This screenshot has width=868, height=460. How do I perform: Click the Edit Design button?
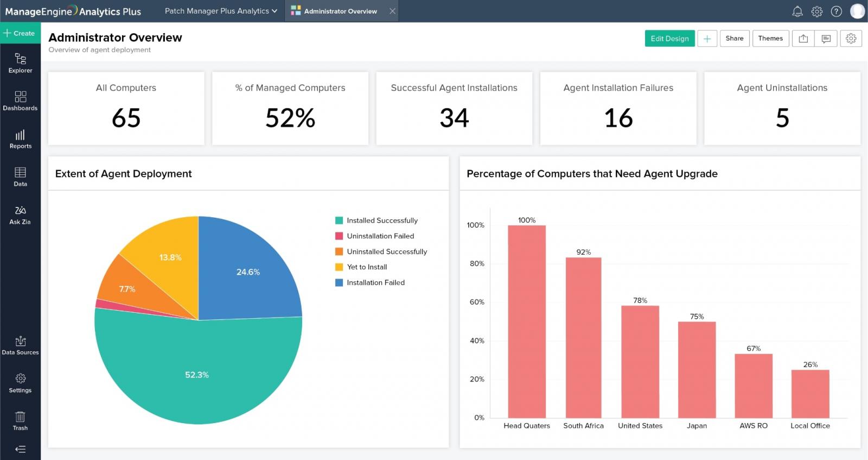pos(669,39)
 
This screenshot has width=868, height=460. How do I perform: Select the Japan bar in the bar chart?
pos(697,369)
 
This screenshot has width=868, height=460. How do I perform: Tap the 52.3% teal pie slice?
pos(197,375)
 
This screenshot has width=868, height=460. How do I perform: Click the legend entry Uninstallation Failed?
pos(380,236)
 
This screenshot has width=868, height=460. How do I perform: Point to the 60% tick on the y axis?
pos(477,302)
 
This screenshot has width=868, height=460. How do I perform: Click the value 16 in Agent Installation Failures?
pos(618,118)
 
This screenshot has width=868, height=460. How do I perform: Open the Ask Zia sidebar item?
pos(20,215)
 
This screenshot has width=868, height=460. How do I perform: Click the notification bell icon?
pos(797,11)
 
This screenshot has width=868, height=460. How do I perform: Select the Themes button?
pos(770,39)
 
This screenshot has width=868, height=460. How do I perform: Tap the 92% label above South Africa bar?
pos(583,252)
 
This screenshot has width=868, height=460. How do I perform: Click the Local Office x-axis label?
pos(810,426)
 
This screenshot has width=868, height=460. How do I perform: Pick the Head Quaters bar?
pos(526,320)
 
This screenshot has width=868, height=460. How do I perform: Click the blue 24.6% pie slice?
pos(248,272)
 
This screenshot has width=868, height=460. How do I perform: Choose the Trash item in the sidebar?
pos(20,421)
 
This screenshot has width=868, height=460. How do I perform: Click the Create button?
pos(20,33)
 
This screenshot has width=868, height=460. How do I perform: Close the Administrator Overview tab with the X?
pos(392,11)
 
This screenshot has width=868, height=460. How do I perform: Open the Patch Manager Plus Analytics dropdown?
pos(221,11)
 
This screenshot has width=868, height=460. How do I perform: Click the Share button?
pos(734,39)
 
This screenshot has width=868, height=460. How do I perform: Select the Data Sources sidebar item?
pos(20,345)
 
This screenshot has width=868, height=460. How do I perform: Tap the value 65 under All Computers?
pos(126,118)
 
